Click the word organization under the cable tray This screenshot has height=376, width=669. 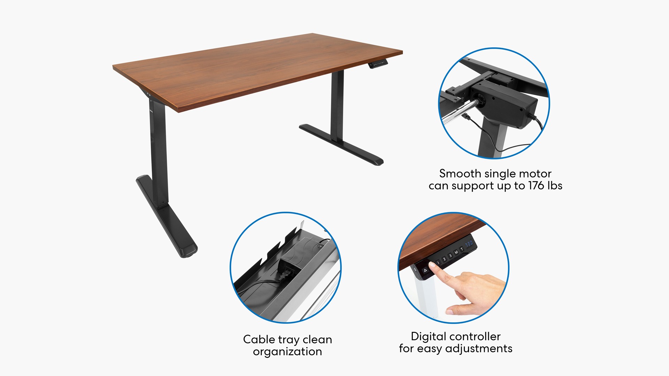click(287, 352)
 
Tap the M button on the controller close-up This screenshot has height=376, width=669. click(456, 252)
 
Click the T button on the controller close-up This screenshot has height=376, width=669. click(462, 249)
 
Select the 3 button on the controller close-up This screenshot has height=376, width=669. click(450, 256)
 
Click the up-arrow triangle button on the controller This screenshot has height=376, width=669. click(425, 270)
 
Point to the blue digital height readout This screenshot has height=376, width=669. click(469, 244)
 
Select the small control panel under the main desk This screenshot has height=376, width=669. click(378, 64)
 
